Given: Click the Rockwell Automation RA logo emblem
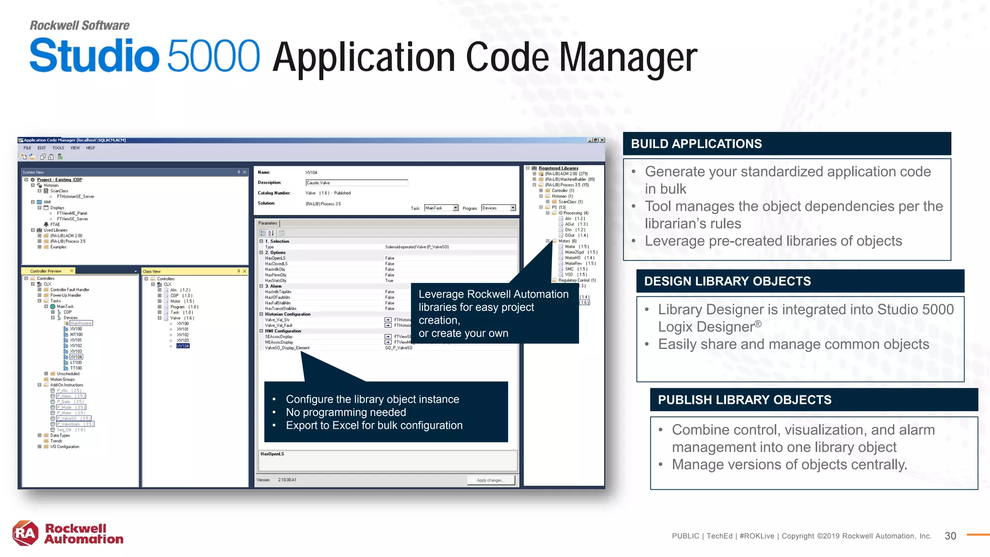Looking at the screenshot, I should (25, 533).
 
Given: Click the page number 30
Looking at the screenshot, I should (950, 536).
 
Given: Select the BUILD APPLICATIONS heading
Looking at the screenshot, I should (696, 144).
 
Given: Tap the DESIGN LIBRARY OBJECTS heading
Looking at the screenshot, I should (727, 281).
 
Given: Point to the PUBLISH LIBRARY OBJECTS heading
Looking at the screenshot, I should (744, 400).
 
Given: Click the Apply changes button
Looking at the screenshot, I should (490, 480).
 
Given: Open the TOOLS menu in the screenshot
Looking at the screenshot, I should (58, 148).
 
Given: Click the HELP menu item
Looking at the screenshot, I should (90, 148).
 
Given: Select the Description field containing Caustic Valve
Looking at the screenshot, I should (356, 183).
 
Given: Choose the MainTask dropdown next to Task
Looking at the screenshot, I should (441, 208).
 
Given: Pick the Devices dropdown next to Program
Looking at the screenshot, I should (498, 208).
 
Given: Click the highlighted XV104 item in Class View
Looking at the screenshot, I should (183, 346).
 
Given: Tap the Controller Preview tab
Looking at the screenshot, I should (46, 271).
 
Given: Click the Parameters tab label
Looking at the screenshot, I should (268, 223).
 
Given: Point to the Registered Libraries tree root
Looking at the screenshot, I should (558, 168).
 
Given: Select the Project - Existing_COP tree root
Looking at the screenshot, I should (59, 180).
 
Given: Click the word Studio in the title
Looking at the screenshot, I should (94, 56).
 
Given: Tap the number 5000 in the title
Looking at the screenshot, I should (214, 56).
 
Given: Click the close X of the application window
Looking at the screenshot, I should (602, 140).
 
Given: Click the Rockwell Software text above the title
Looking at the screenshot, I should (80, 25).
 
